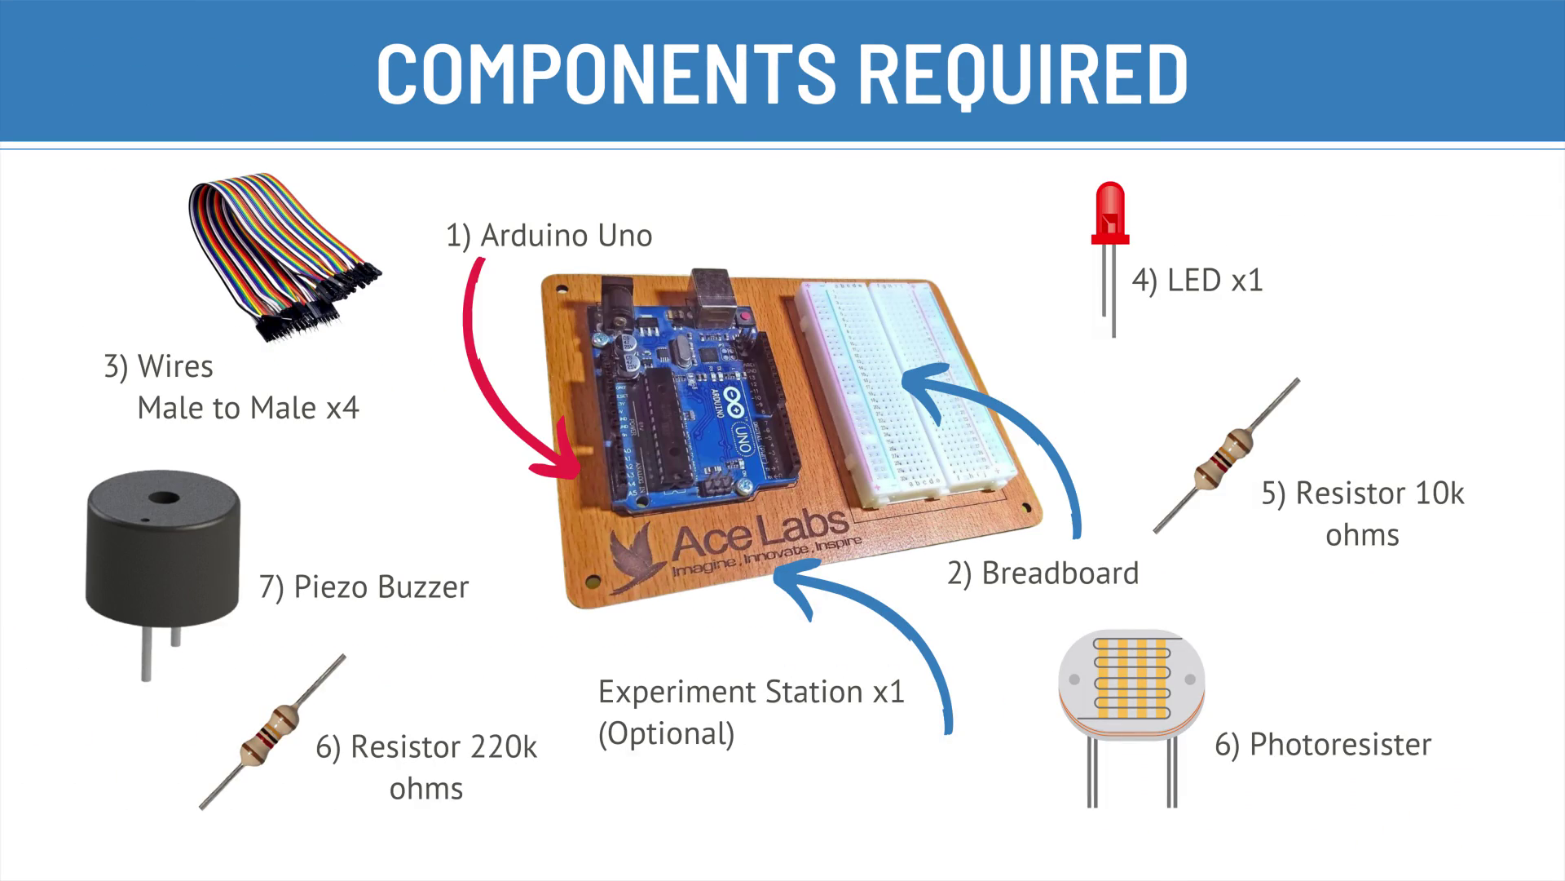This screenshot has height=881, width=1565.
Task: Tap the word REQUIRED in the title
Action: [x=1024, y=75]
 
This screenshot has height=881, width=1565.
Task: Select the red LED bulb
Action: [x=1110, y=213]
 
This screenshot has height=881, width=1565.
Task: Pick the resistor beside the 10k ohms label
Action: [x=1226, y=456]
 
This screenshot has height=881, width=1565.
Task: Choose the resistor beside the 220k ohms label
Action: [x=272, y=732]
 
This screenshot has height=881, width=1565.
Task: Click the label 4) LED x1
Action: [x=1197, y=281]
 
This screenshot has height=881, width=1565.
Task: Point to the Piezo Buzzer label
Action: [x=364, y=587]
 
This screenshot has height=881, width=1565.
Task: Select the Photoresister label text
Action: [x=1340, y=745]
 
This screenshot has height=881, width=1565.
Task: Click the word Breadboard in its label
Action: [x=1060, y=573]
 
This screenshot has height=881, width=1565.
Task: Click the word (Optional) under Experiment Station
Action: [x=667, y=734]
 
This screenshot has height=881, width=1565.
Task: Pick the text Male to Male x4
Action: [x=248, y=408]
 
